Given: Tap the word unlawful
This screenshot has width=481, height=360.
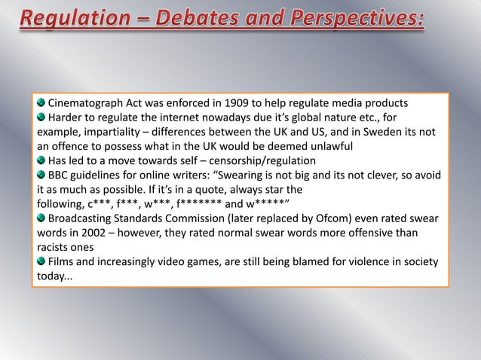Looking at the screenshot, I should pyautogui.click(x=326, y=145).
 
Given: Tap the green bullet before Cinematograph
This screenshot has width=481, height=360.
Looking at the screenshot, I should pyautogui.click(x=41, y=102).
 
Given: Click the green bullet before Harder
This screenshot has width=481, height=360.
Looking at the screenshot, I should pyautogui.click(x=41, y=117).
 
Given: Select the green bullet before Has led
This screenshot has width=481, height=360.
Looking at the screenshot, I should pyautogui.click(x=41, y=160).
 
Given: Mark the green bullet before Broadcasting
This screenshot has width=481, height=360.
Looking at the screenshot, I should pyautogui.click(x=41, y=218).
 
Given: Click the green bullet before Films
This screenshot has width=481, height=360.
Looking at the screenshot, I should pyautogui.click(x=41, y=261).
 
